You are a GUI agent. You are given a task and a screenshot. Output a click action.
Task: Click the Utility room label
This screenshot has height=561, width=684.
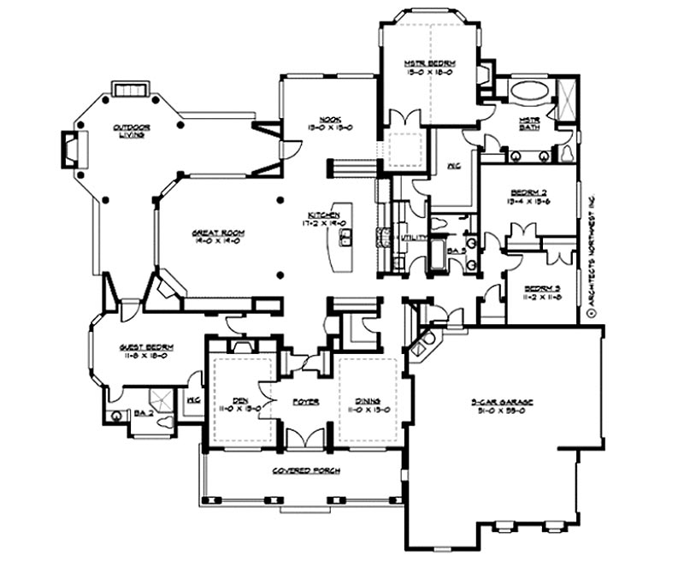(x=414, y=237)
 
